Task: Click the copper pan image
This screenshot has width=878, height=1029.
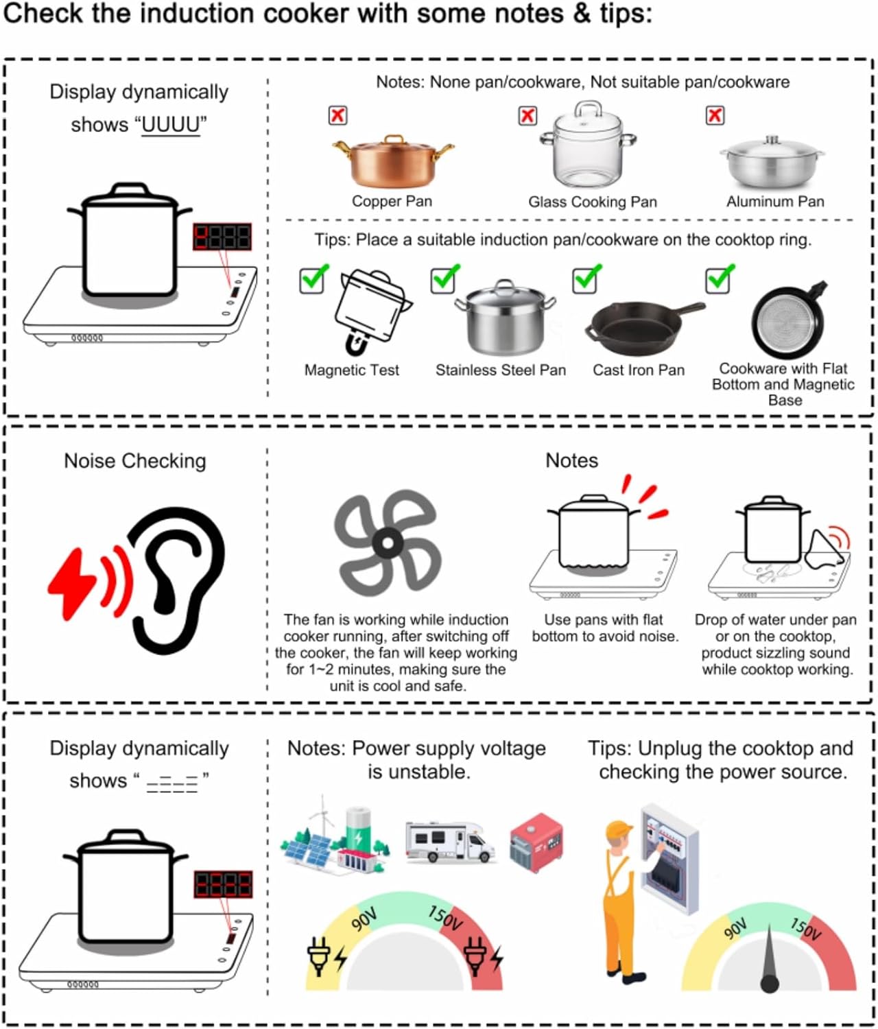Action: pos(392,161)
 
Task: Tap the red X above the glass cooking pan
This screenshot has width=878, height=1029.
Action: pos(527,116)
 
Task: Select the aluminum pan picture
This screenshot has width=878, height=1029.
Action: pos(772,163)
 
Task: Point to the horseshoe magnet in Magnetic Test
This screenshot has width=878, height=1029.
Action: pos(355,341)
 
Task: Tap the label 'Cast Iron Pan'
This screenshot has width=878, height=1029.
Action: pos(638,370)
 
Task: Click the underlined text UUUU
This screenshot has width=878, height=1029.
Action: pos(170,125)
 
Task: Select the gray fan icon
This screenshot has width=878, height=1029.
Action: pos(387,543)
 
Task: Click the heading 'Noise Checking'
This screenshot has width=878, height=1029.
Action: pos(134,461)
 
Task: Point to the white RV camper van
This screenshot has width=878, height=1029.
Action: pos(449,842)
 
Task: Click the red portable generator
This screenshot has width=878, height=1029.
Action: pos(536,842)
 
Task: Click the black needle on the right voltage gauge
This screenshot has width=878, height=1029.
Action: pos(769,960)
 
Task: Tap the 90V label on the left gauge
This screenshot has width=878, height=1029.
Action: pos(364,919)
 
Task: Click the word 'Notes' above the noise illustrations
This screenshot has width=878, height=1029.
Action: pos(571,460)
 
